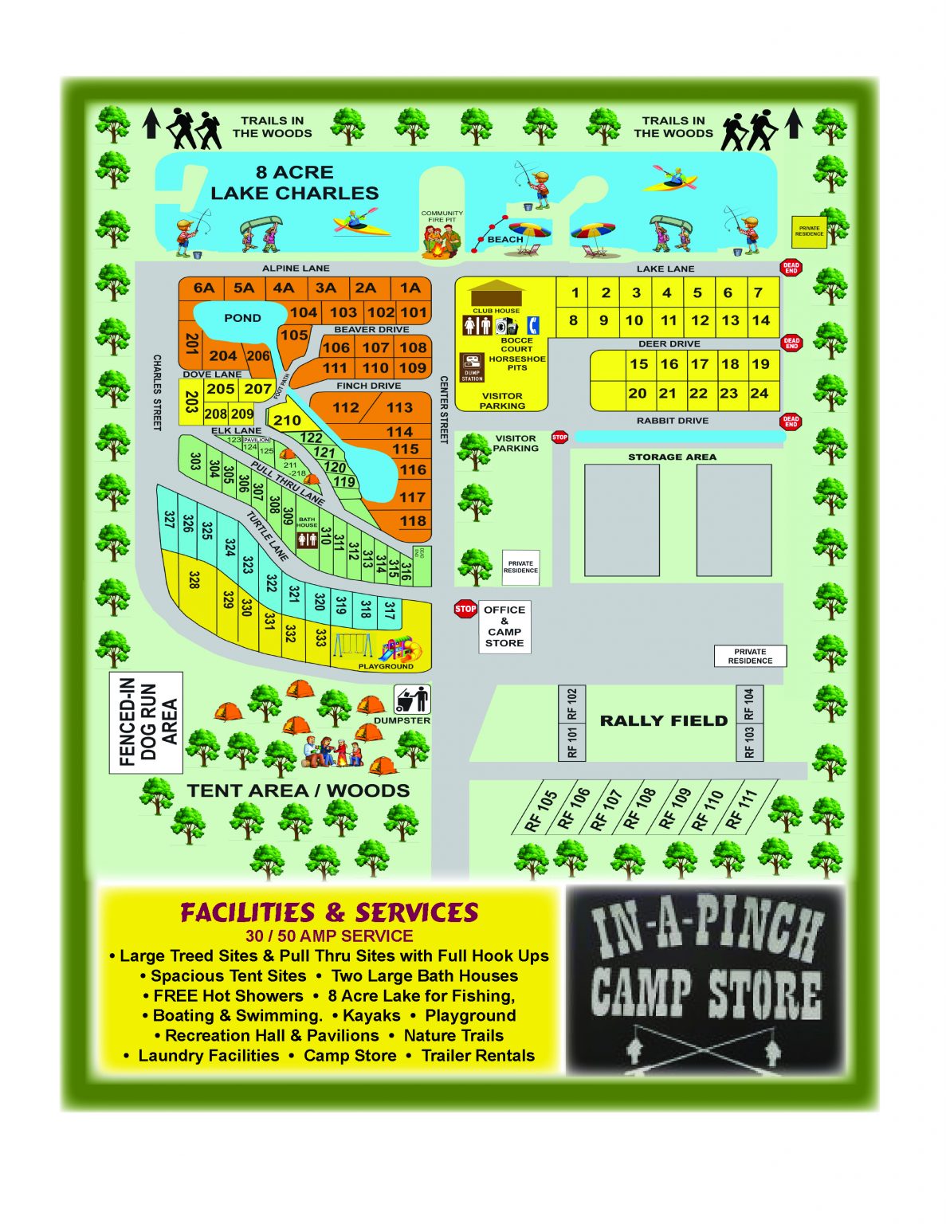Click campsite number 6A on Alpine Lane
point(204,288)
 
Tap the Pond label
point(242,318)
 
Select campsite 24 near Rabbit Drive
point(760,393)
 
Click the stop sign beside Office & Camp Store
point(465,610)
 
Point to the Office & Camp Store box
point(504,626)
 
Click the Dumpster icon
point(412,700)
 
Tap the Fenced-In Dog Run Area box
point(147,723)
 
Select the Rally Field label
point(663,721)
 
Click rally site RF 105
point(541,810)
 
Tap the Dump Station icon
point(473,367)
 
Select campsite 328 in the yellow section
point(193,580)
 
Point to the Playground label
point(386,666)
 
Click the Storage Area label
point(672,457)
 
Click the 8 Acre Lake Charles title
point(294,182)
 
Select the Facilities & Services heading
point(329,912)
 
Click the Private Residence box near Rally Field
point(750,656)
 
